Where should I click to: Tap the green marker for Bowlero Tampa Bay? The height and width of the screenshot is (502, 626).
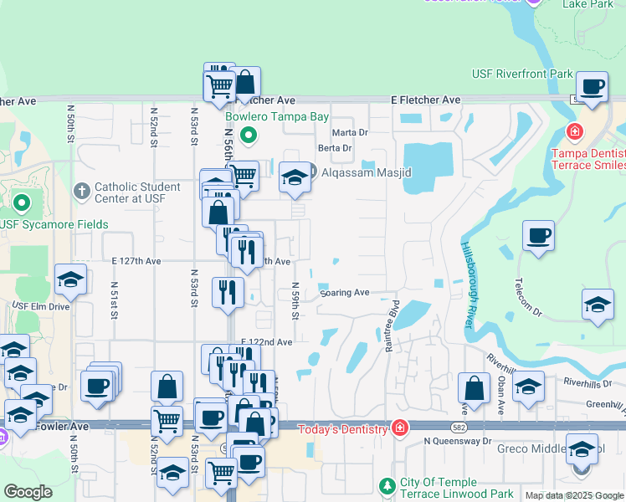pos(249,135)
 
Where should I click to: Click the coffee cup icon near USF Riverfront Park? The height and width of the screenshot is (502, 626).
pos(593,86)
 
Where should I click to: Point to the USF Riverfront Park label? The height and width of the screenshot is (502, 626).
pos(522,74)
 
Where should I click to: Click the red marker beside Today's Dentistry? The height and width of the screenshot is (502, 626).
pos(400,428)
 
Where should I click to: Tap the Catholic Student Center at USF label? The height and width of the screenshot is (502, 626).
pos(137,192)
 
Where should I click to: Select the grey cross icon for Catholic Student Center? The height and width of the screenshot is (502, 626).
pos(81,192)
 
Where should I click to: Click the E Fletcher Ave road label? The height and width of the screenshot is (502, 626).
pos(426,100)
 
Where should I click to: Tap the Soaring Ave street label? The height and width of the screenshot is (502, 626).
pos(345,293)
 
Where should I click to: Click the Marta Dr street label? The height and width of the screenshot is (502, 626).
pos(350,132)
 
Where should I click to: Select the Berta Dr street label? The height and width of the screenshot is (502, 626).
pos(335,148)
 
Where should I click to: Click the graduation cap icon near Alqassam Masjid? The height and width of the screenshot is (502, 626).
pos(294,177)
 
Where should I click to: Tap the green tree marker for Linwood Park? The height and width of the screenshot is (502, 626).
pos(387,486)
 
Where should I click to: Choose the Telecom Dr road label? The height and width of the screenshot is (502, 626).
pos(529,295)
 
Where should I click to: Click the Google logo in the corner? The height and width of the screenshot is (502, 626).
pos(28,492)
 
